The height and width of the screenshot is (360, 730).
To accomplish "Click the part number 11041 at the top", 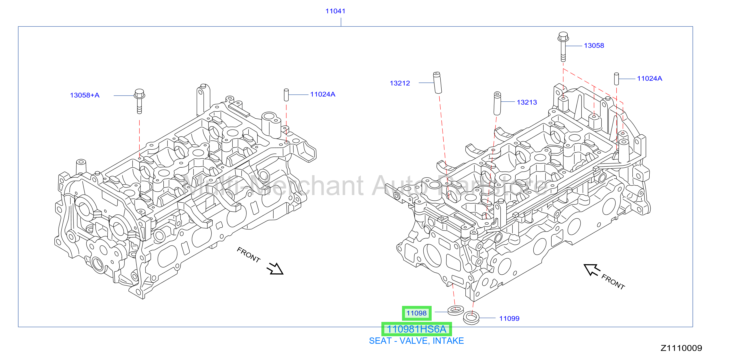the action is click(335, 11).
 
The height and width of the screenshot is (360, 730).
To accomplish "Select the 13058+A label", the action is click(85, 95).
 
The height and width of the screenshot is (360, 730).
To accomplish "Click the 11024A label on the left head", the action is click(322, 94).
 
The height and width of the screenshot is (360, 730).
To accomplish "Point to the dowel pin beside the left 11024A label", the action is click(286, 95).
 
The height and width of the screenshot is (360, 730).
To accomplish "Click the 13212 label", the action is click(400, 83).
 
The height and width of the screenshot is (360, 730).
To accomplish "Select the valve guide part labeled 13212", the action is click(437, 82).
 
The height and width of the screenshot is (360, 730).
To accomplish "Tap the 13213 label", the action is click(527, 102).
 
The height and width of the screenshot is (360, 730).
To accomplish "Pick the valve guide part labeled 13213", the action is click(497, 103).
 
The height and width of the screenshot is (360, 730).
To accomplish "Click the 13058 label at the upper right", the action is click(594, 46).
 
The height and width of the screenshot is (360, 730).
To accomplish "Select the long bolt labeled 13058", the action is click(563, 47).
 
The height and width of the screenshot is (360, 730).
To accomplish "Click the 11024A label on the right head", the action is click(649, 78).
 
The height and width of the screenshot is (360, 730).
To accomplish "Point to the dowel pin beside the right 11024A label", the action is click(616, 79).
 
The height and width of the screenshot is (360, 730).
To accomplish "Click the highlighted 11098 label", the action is click(417, 313).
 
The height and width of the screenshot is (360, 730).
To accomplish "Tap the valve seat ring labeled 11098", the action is click(456, 311).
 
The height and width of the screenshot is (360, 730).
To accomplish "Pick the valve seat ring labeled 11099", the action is click(471, 318).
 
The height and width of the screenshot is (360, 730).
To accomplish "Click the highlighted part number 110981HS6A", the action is click(417, 329).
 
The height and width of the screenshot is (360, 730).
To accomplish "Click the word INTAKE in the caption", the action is click(448, 341).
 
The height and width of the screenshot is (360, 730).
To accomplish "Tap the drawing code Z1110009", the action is click(681, 348).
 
